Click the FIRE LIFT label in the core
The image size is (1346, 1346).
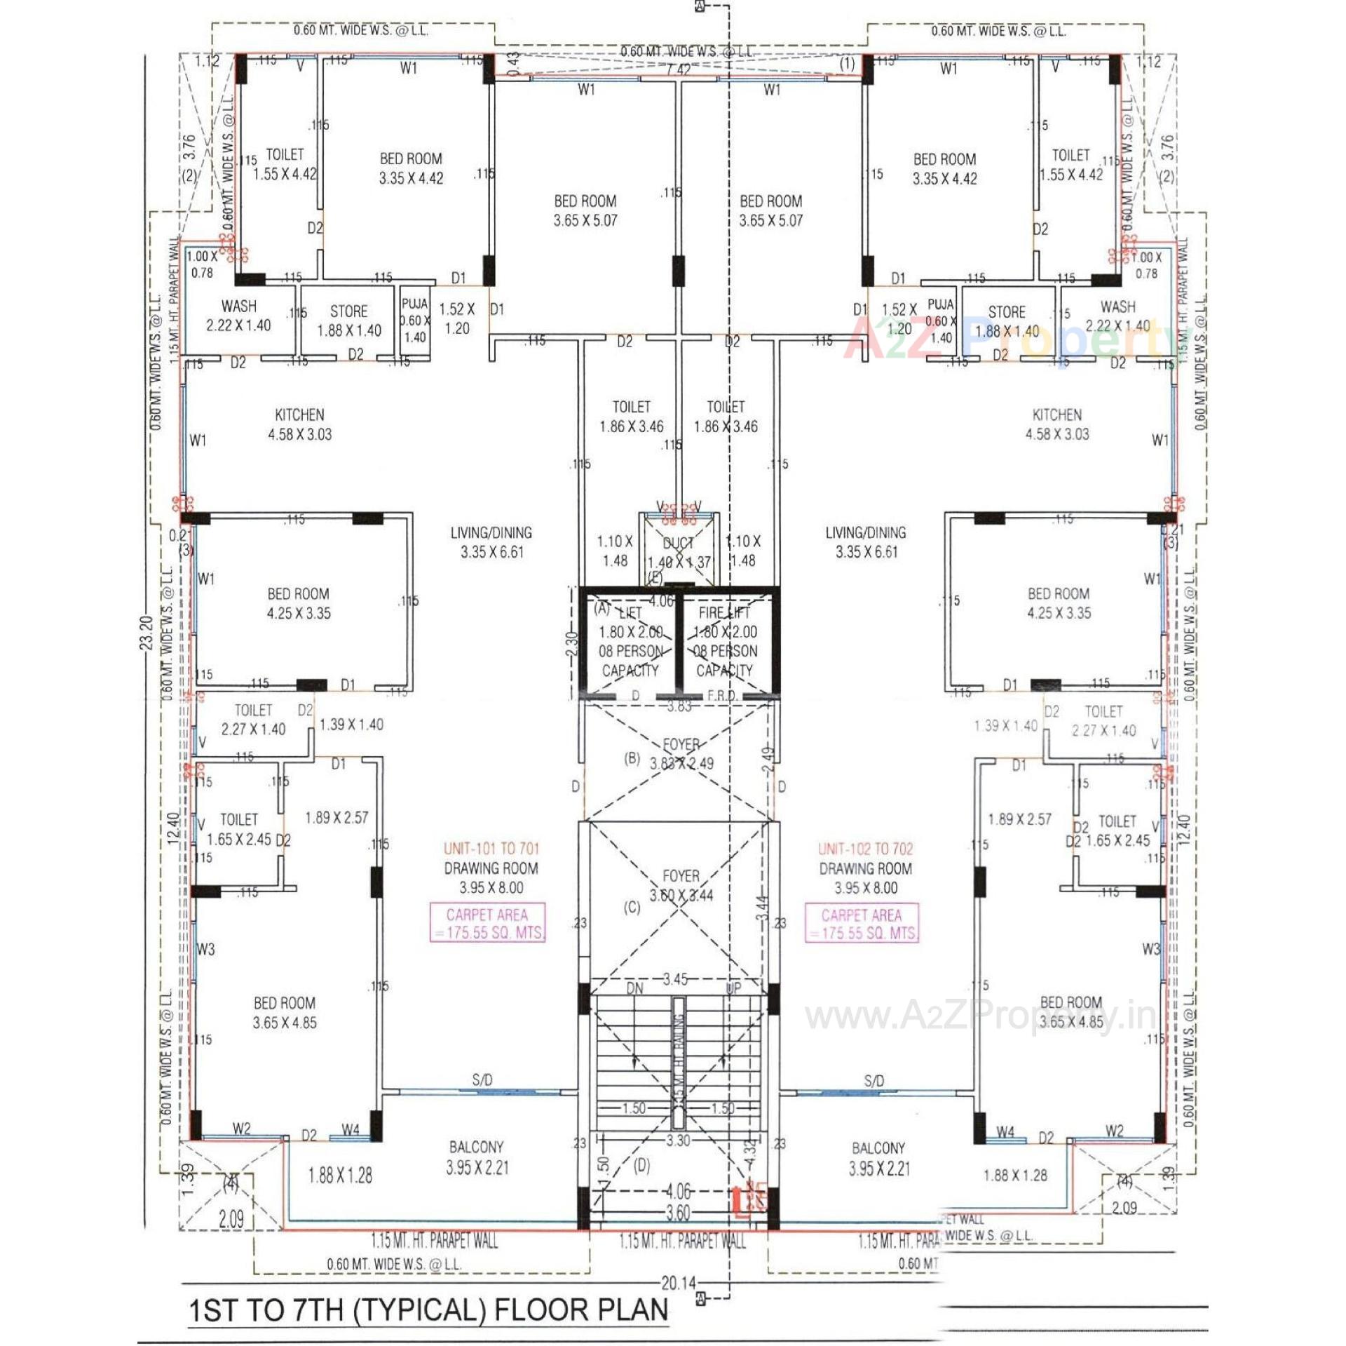[723, 612]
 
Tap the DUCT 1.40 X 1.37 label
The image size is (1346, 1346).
[678, 553]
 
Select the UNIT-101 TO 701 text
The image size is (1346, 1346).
[491, 849]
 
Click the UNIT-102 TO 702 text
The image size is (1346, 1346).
[866, 849]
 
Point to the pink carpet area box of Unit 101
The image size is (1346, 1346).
[487, 923]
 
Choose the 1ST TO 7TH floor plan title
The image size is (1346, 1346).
[428, 1310]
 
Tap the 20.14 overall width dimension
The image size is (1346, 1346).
[678, 1283]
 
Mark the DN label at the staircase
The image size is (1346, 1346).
[634, 988]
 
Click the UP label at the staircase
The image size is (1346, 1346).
[733, 988]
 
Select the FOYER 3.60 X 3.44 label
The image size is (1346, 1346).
[681, 885]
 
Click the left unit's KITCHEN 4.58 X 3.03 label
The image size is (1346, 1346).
[299, 424]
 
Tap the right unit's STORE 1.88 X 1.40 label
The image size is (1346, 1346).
[1007, 321]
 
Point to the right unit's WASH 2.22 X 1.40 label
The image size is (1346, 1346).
[1117, 316]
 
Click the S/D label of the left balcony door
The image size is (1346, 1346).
[482, 1080]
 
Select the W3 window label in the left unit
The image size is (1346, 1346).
[205, 950]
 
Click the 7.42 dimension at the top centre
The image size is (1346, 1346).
[678, 69]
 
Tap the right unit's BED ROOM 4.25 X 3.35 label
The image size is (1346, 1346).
[1059, 603]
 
